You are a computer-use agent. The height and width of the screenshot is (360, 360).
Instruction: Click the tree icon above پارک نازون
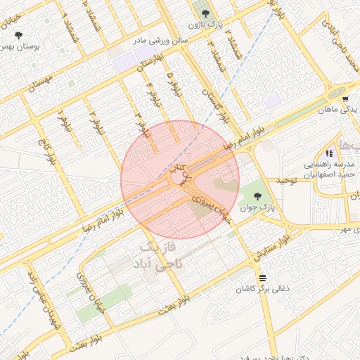205,13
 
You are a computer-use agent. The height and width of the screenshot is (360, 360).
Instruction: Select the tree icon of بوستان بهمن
18,34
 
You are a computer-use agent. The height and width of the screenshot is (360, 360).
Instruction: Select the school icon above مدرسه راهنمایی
329,153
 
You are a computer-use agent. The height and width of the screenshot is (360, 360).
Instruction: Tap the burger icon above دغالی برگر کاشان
262,277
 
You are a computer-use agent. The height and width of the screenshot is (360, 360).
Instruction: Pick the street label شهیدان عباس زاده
40,294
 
